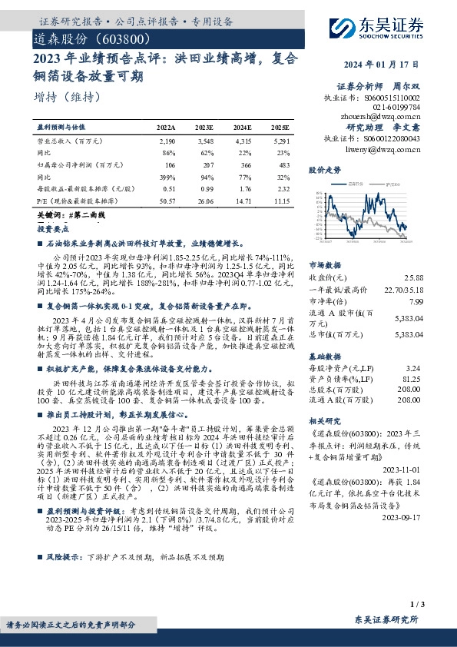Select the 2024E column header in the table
pos(242,126)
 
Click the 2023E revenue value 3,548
pos(204,142)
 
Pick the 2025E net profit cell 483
pos(283,164)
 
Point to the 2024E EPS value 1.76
pos(243,188)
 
